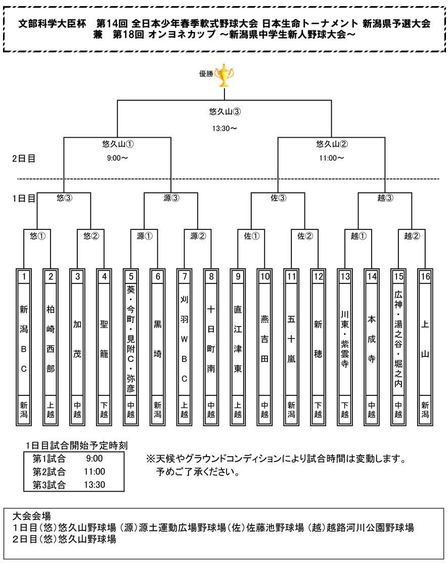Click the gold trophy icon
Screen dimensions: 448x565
coord(224,75)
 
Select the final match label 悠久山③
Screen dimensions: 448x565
coord(225,112)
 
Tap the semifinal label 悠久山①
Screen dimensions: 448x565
coord(118,144)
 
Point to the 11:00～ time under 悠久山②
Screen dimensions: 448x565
coord(331,158)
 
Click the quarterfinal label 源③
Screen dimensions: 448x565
coord(171,198)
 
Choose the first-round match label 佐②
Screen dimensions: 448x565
coord(305,236)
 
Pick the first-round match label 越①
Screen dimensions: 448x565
coord(359,236)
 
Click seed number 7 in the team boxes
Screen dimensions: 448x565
coord(185,276)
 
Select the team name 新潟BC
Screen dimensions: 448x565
coord(24,339)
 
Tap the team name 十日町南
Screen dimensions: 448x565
coord(211,339)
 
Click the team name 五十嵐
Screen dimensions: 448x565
coord(291,339)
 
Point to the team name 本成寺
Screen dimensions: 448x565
coord(372,339)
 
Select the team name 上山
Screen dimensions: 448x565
coord(425,339)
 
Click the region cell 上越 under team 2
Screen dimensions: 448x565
coord(51,410)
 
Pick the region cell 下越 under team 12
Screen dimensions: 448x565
coord(318,410)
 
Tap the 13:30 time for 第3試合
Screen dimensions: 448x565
coord(95,485)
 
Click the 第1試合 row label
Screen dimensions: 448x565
coord(49,459)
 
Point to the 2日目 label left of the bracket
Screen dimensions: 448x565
coord(24,158)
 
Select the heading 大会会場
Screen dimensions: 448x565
coord(32,516)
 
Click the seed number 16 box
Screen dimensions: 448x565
coord(425,276)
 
